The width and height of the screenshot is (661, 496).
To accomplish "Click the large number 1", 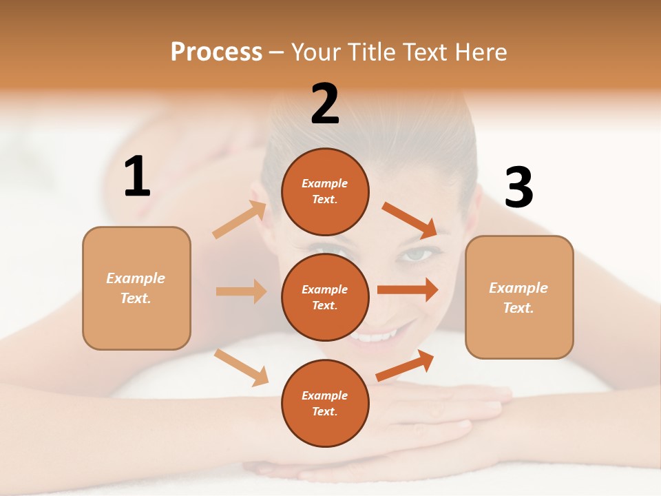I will click(x=137, y=177).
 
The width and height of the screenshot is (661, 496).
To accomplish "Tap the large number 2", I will click(x=325, y=104).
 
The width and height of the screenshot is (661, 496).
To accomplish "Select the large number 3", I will click(x=518, y=188).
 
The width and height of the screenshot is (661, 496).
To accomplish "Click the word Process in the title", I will click(x=216, y=52).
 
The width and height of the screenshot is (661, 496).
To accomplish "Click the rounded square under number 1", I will click(x=136, y=288).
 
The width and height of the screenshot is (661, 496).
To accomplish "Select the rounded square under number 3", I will click(x=519, y=298).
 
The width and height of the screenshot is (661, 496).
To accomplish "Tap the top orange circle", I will click(x=325, y=192).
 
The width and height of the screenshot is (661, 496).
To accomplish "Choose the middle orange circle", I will click(x=325, y=298).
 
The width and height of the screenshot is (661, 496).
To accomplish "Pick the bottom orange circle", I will click(x=325, y=404).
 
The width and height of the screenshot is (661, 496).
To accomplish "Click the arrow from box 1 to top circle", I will click(x=240, y=220).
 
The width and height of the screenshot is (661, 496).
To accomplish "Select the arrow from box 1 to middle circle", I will click(x=241, y=291).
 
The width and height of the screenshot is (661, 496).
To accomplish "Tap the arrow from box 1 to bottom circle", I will click(x=241, y=367).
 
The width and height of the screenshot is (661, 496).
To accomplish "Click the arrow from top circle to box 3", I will click(x=410, y=220).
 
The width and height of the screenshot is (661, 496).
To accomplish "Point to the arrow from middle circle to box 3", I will click(x=408, y=289).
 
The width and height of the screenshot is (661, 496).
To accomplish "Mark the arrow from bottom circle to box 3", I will click(x=405, y=366).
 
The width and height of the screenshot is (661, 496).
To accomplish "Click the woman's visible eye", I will click(x=417, y=255).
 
